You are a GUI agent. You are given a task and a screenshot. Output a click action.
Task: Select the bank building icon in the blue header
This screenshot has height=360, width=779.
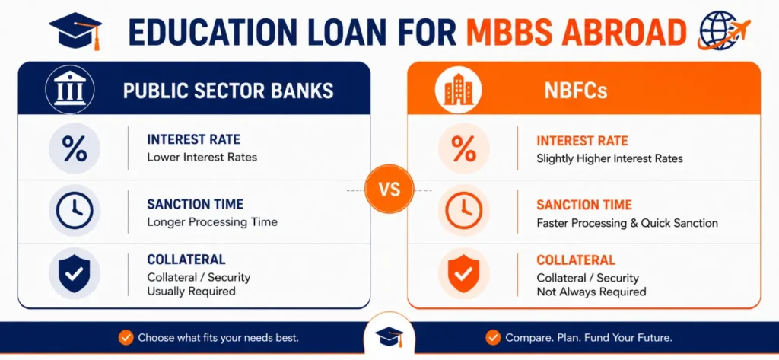[x=69, y=91]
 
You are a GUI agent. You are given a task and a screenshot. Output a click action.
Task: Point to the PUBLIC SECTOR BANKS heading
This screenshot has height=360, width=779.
[x=228, y=91]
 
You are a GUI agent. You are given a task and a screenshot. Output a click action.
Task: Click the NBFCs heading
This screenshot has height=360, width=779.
[x=576, y=91]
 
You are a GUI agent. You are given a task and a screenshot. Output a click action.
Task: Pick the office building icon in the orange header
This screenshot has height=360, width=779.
[x=458, y=91]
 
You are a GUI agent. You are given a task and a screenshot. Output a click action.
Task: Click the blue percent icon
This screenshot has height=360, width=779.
[x=75, y=148]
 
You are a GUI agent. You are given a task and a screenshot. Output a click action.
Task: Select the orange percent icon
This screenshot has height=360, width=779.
[x=463, y=148]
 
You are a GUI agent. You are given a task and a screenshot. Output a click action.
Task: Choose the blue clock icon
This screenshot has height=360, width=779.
[x=75, y=210]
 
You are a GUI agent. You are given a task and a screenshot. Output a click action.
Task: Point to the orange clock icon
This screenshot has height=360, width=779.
[x=463, y=211]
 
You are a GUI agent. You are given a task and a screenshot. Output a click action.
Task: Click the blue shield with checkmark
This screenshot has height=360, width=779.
[x=75, y=273]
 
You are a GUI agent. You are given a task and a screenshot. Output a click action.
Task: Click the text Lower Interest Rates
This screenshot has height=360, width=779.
[x=202, y=157]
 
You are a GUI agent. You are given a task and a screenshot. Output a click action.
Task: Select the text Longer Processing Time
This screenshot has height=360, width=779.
[x=212, y=221]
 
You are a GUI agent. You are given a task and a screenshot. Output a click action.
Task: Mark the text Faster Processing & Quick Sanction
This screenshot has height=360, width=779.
[x=627, y=223]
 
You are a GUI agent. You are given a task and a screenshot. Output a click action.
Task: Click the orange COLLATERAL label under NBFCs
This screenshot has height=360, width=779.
[x=576, y=260]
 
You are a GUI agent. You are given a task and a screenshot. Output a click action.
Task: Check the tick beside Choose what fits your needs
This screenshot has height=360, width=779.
[x=126, y=338]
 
